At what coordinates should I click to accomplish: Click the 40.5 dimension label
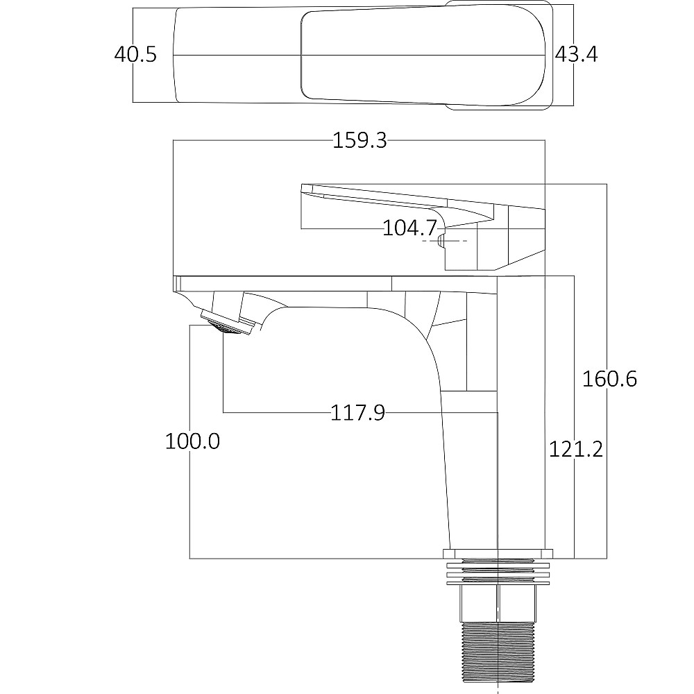tap(135, 54)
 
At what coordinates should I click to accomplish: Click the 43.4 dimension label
tap(576, 54)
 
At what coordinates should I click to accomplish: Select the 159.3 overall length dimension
tap(359, 140)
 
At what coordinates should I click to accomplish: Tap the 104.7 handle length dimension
tap(409, 228)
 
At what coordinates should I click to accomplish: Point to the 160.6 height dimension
tap(609, 380)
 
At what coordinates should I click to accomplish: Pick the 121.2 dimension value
tap(576, 450)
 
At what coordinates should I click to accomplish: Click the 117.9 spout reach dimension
tap(357, 413)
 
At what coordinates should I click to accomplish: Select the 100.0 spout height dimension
tap(192, 441)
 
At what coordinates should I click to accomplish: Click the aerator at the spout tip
tap(228, 323)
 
